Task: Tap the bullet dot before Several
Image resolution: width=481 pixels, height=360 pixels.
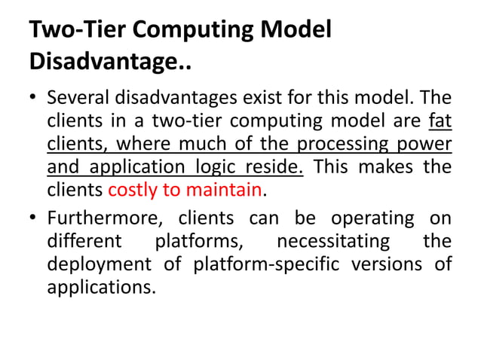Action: (x=33, y=99)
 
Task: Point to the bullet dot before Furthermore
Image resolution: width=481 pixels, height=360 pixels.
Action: (x=33, y=219)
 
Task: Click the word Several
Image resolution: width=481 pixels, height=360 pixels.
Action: (x=79, y=99)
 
